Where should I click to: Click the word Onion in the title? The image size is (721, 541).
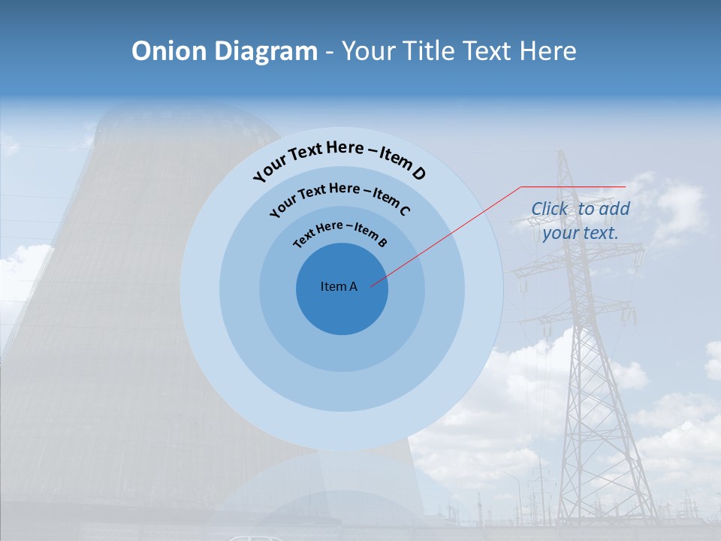(x=170, y=51)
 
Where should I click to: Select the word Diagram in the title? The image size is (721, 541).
(x=266, y=51)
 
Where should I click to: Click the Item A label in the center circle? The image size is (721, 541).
(x=339, y=286)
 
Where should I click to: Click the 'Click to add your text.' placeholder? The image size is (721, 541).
(x=581, y=221)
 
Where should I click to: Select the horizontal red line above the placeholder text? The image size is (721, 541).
(x=573, y=186)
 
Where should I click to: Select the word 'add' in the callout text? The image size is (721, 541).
(x=614, y=209)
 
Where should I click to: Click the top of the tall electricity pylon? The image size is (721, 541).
(x=560, y=153)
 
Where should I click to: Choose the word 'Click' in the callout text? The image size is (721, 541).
(x=550, y=209)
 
